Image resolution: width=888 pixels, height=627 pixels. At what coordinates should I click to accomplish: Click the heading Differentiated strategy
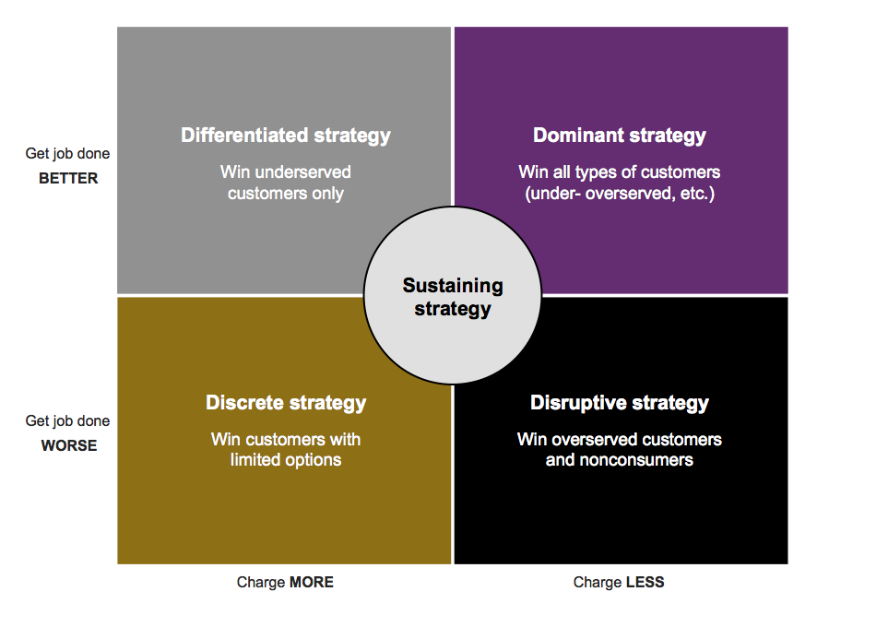click(286, 136)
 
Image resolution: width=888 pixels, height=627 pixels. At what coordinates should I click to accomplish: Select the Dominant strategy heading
click(620, 136)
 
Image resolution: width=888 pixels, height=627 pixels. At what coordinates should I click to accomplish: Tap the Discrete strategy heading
click(286, 403)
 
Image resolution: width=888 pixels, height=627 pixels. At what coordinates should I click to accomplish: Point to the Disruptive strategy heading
click(620, 403)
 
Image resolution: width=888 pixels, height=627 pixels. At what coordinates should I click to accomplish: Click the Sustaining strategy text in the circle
click(453, 297)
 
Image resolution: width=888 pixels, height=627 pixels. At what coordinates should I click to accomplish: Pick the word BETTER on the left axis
click(68, 179)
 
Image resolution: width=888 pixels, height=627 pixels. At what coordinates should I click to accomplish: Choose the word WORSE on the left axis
click(68, 446)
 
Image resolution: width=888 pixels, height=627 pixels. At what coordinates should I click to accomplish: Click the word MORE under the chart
click(311, 582)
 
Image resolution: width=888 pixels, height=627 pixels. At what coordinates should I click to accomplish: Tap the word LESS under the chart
click(645, 582)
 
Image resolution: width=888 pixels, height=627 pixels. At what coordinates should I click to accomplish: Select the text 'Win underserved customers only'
click(286, 183)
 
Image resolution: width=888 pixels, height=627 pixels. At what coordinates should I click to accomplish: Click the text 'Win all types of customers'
click(620, 172)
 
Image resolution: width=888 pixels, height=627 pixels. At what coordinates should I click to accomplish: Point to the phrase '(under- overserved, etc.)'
click(620, 194)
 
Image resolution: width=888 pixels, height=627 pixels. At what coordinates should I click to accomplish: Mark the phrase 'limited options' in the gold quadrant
click(286, 460)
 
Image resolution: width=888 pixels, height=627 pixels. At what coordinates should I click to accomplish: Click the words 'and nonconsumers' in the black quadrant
click(620, 460)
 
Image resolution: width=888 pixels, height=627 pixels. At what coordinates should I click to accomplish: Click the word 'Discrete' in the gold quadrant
click(244, 403)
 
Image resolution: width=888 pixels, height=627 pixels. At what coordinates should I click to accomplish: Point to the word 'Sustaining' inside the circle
click(453, 286)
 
